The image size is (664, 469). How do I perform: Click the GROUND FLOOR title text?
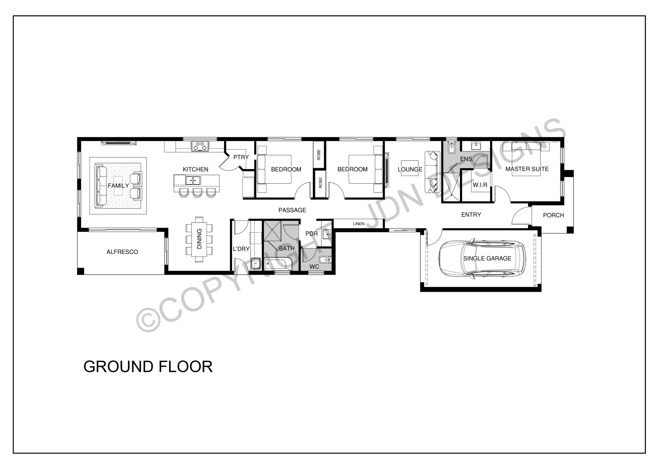[148, 367]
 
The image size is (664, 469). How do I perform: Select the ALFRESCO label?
[122, 252]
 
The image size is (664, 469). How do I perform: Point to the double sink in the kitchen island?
[193, 180]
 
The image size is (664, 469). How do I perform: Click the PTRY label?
[241, 157]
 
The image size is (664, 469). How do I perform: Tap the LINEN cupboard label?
[359, 224]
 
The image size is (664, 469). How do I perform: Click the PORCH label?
[554, 215]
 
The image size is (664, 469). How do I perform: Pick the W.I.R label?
[480, 185]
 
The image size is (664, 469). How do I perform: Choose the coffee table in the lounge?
[410, 168]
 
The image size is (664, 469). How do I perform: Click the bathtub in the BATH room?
[277, 264]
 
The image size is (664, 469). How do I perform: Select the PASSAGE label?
[292, 210]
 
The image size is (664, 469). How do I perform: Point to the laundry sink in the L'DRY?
[256, 263]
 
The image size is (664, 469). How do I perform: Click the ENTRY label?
[471, 215]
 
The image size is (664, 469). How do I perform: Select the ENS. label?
[466, 159]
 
